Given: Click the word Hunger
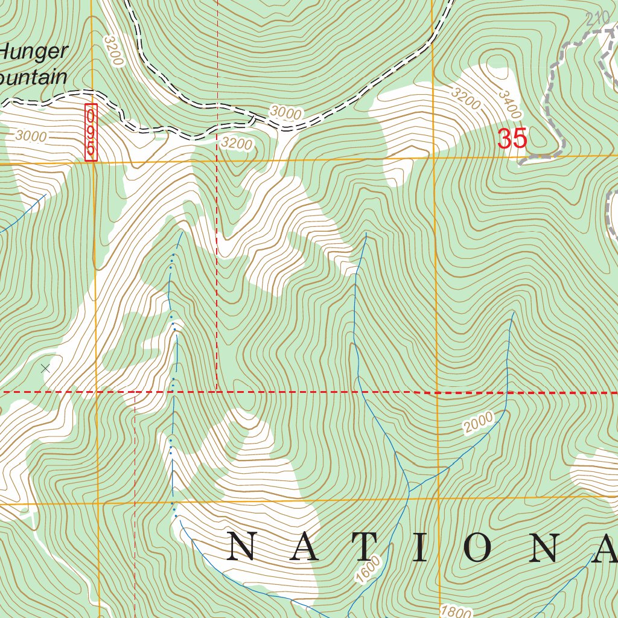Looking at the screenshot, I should click(x=33, y=52).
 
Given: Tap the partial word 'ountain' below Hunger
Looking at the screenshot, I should click(x=33, y=77).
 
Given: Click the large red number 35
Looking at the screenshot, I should click(x=512, y=139).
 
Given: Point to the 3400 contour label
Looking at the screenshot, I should click(x=510, y=104).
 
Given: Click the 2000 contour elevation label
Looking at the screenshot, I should click(x=479, y=423).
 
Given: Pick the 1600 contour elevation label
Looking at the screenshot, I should click(x=369, y=570).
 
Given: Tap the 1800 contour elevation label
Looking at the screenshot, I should click(x=456, y=611).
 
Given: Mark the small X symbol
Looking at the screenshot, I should click(x=45, y=368).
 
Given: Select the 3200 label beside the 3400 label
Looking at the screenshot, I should click(x=465, y=99).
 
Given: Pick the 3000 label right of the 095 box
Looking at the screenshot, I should click(x=285, y=112).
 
